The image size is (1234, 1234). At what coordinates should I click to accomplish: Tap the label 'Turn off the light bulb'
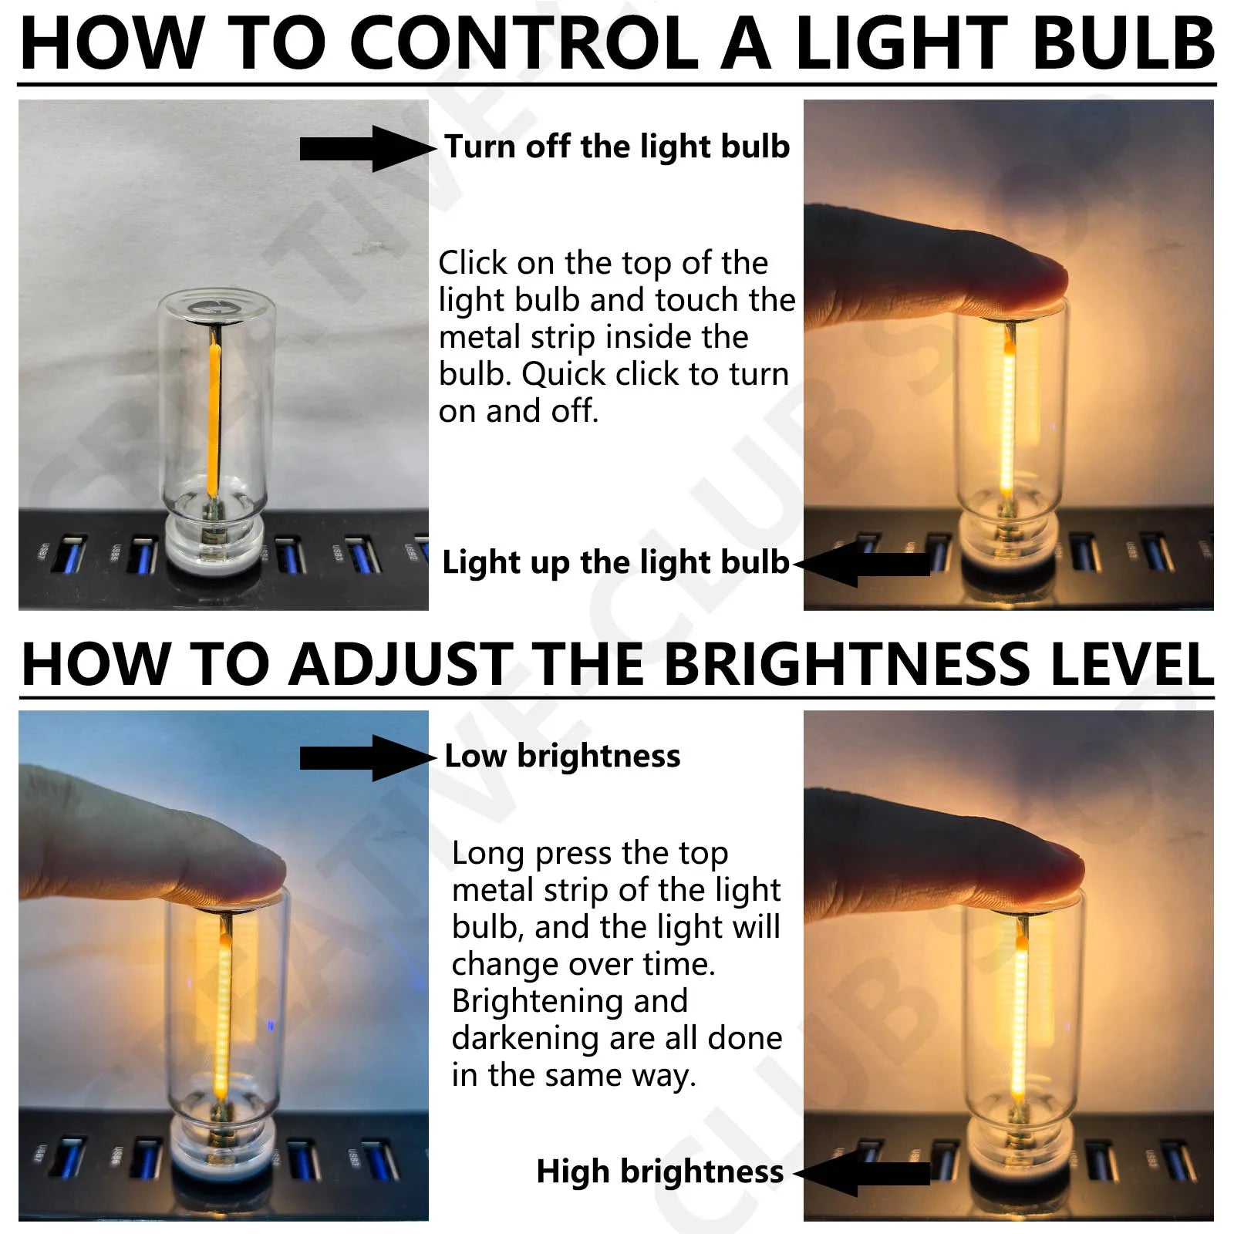617,147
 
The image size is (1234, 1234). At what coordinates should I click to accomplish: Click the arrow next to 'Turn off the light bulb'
367,149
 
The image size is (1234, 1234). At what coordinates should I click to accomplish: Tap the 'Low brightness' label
562,756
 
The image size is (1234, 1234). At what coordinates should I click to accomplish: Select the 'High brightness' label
659,1172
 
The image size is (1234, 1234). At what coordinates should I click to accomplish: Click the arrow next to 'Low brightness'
367,758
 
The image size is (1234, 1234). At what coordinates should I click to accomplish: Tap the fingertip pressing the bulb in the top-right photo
1033,285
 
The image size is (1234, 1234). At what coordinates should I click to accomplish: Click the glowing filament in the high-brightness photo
1020,1026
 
